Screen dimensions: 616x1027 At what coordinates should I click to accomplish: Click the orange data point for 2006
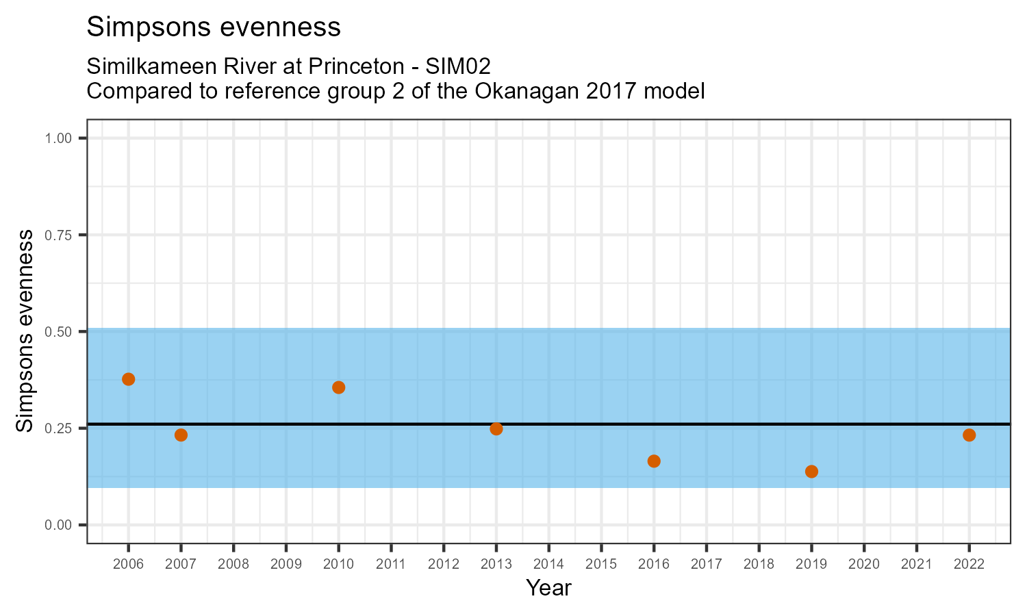128,379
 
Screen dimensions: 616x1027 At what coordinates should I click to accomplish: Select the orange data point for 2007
181,435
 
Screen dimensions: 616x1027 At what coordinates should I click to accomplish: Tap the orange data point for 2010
338,387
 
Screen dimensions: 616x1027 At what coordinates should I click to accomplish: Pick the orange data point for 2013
496,429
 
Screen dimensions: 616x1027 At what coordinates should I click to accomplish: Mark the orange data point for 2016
654,461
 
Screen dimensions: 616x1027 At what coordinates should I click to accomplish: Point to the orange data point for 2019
811,472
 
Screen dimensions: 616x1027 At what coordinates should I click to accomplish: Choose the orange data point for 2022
969,435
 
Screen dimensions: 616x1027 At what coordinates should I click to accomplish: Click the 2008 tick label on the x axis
233,565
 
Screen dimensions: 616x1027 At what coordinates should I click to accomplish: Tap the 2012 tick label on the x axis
443,565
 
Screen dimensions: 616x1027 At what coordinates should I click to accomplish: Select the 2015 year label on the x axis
601,565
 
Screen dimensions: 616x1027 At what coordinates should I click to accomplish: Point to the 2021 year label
916,565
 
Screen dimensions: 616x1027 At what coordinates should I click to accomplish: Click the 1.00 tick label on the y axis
58,138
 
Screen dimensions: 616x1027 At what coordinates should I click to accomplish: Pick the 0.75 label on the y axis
58,235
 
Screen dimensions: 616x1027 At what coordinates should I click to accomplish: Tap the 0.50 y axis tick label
58,331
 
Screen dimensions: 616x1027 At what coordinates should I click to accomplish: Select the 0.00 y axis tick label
58,525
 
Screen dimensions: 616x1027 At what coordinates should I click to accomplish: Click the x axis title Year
548,588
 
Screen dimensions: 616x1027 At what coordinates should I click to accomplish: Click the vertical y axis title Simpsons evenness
25,331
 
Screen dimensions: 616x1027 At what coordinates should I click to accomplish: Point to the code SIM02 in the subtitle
458,66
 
